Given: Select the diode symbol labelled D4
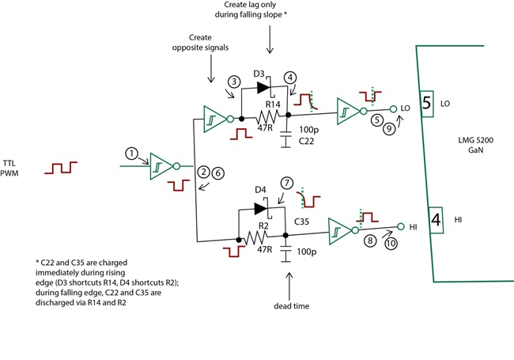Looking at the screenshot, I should [x=260, y=209].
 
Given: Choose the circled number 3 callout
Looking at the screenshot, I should [x=233, y=82].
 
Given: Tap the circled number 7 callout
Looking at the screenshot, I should [x=287, y=183].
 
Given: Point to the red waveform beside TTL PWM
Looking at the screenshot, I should [x=61, y=168].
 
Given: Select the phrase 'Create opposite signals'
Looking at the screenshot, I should [x=210, y=43].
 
